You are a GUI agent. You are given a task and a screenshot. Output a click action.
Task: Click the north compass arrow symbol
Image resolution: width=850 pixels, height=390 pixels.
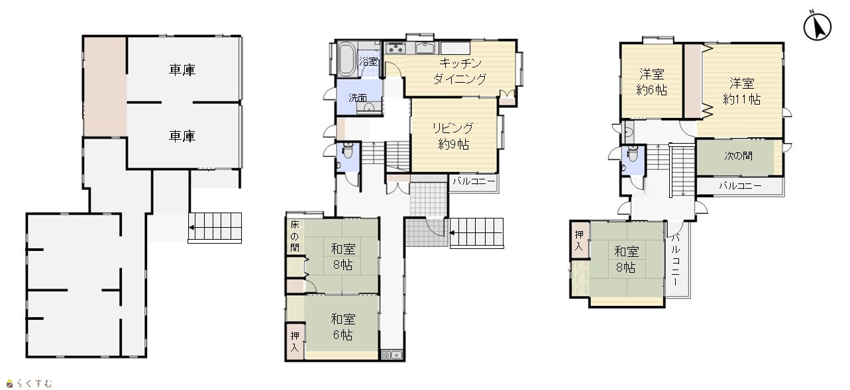point(817,26)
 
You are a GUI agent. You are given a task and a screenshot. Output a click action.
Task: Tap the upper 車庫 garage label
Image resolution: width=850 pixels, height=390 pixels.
point(182,70)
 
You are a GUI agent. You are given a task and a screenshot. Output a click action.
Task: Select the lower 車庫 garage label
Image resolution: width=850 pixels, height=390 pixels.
point(182,136)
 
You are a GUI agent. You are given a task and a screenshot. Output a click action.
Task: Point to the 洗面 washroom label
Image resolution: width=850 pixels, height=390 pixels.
point(358,98)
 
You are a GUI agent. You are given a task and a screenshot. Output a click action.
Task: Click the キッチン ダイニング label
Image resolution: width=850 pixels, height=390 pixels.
point(460,71)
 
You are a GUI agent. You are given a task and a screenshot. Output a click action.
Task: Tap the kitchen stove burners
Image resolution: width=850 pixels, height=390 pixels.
point(396,48)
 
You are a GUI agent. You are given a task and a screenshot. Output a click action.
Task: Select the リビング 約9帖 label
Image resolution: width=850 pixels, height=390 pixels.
point(453,136)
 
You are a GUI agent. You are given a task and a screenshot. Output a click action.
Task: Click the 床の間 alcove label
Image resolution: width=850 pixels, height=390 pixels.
point(295,236)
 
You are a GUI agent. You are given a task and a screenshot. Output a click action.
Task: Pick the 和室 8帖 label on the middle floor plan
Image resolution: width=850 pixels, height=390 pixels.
point(343,257)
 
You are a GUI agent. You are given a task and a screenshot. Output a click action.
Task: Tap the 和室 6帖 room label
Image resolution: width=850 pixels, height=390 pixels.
point(343,326)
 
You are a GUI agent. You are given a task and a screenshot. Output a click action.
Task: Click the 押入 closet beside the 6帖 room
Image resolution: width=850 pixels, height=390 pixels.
point(295,342)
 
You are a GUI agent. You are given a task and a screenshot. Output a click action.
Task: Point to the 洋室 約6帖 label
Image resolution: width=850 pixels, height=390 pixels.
point(651,81)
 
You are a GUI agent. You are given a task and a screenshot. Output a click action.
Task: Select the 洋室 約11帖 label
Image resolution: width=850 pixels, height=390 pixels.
point(742,91)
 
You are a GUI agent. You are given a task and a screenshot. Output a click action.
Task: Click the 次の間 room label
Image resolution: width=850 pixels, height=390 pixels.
point(738,156)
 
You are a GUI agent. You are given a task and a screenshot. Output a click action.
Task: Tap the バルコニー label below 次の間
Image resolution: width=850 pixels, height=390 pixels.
point(740,186)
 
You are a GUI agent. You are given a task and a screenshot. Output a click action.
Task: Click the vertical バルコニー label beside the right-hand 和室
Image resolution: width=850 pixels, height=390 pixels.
point(676,260)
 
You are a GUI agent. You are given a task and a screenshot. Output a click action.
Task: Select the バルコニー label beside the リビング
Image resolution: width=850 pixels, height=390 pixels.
point(474,181)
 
